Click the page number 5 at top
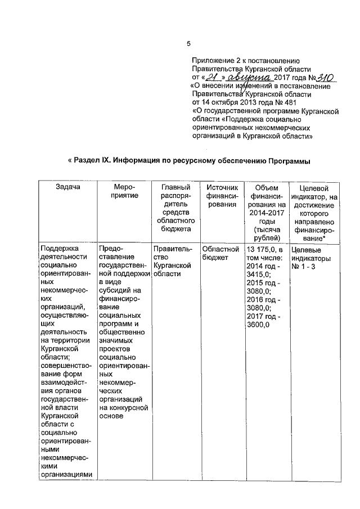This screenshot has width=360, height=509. (x=189, y=44)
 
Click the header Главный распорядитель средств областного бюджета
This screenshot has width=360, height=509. (x=173, y=208)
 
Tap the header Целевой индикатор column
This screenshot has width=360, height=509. (x=314, y=212)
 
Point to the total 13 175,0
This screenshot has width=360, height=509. (x=262, y=249)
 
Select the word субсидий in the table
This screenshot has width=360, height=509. (x=116, y=291)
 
